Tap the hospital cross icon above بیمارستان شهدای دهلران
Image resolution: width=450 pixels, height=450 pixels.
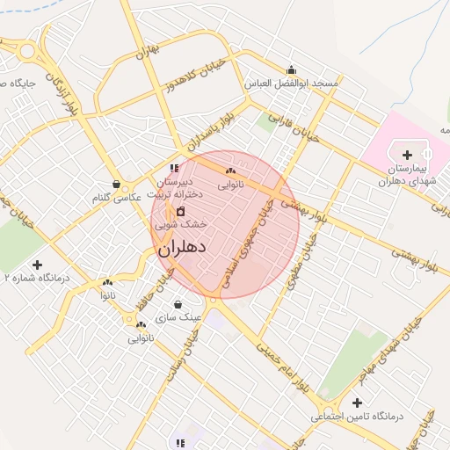tap(407, 154)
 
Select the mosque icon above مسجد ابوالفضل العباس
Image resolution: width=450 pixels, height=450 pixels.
tap(292, 70)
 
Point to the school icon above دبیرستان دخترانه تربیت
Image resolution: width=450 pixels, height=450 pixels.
tap(174, 167)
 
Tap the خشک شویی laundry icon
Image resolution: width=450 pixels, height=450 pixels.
tap(181, 211)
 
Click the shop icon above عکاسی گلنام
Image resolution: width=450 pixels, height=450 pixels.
tap(117, 185)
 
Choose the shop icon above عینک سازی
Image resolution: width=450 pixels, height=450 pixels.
tap(178, 304)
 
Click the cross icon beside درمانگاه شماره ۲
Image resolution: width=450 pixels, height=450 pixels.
tap(37, 265)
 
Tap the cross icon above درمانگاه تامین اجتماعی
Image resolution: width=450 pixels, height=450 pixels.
tap(356, 402)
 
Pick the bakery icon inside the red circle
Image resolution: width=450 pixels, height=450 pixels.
tap(230, 171)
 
